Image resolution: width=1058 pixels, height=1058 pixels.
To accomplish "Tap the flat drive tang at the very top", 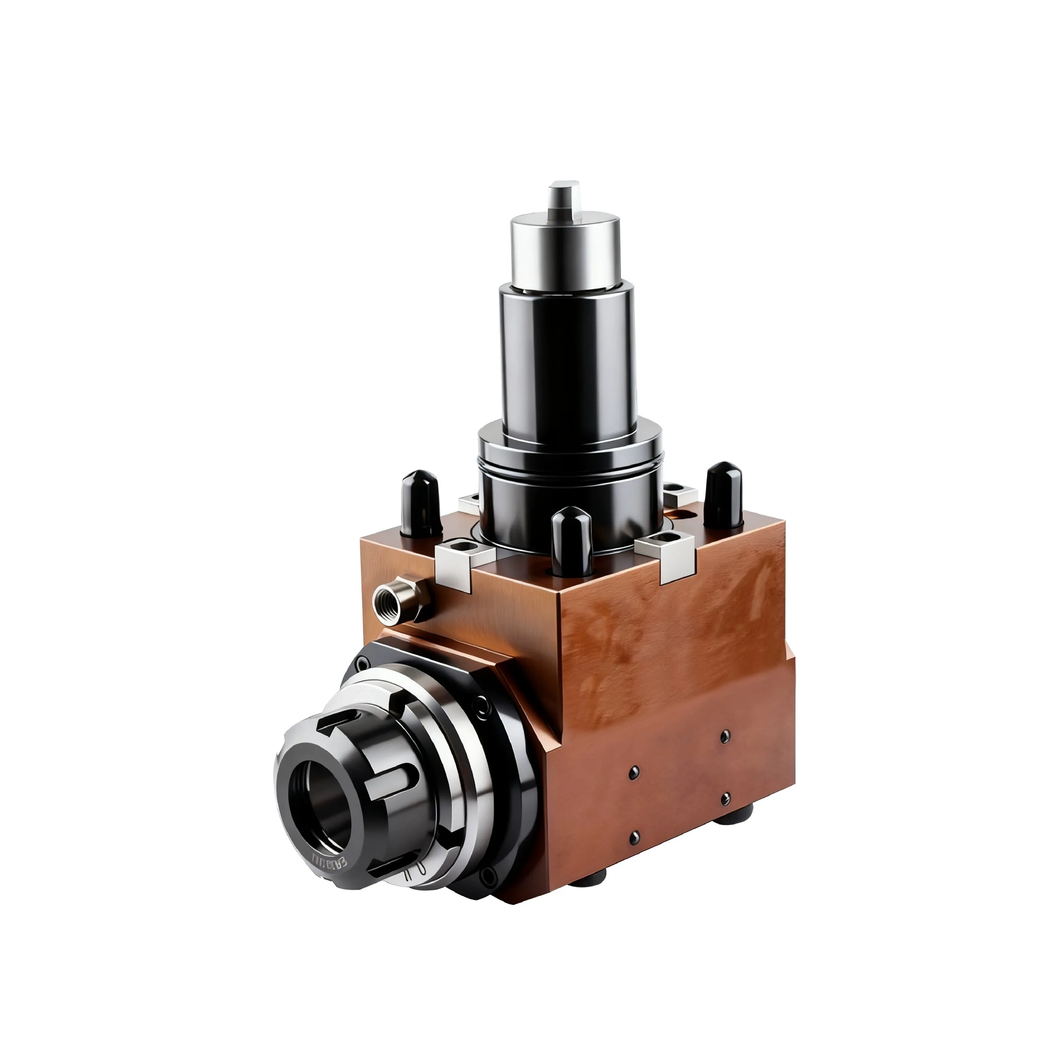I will click(564, 197).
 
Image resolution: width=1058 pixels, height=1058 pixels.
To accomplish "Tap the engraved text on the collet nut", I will click(328, 863).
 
